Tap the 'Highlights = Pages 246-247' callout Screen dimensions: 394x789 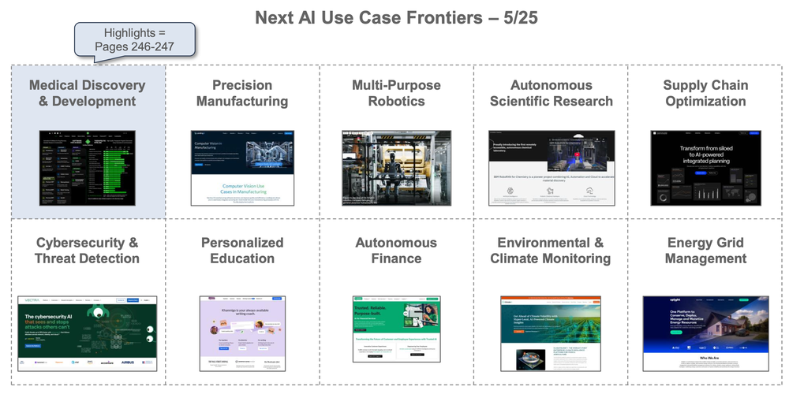(136, 40)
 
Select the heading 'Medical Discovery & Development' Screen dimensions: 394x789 (88, 93)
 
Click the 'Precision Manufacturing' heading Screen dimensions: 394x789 (242, 93)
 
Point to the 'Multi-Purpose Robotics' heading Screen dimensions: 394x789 (396, 93)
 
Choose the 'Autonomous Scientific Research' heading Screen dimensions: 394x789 (551, 93)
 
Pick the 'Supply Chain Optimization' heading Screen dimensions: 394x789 (705, 93)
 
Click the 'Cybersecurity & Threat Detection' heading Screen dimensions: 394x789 (88, 251)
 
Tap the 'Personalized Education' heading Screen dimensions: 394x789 (242, 251)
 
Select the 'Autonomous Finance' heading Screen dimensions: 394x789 (396, 251)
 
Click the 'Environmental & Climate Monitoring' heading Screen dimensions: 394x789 (551, 251)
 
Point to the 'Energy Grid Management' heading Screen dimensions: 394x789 (705, 251)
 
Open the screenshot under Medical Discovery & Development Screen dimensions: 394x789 (88, 168)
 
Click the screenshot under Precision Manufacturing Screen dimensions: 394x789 (242, 168)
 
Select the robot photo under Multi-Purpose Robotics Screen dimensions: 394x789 (396, 168)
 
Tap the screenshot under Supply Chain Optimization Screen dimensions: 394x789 (705, 168)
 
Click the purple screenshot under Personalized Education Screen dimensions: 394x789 (242, 333)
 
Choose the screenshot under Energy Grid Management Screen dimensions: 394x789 (705, 333)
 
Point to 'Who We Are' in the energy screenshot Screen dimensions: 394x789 (705, 357)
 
